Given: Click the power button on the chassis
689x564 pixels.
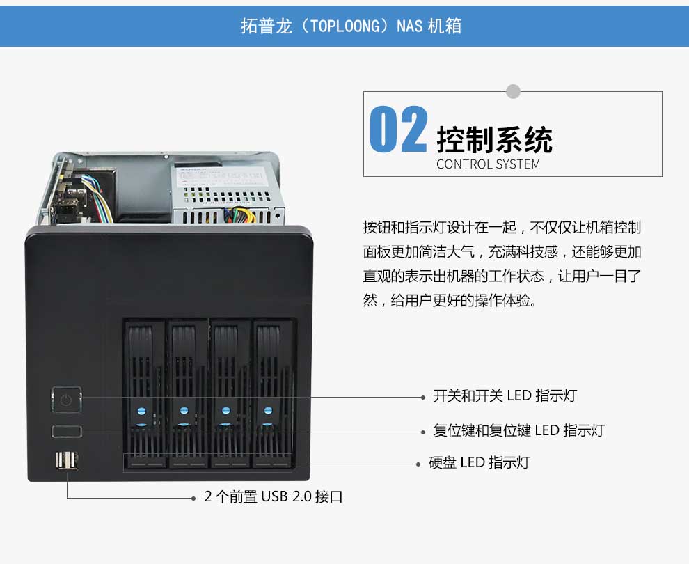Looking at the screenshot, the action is click(x=66, y=400).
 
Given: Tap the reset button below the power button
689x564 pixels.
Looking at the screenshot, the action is click(x=67, y=431).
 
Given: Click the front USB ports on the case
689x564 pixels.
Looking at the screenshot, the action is click(x=67, y=461).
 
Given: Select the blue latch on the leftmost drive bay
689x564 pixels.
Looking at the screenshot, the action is click(x=141, y=412).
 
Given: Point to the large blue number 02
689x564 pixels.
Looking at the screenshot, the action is click(x=398, y=130).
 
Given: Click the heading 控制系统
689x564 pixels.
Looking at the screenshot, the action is click(x=494, y=140).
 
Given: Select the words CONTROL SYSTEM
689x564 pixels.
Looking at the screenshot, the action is click(x=488, y=164).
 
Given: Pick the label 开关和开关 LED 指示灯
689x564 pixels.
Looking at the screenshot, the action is click(x=505, y=395).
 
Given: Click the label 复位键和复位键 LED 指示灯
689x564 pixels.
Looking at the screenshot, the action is click(x=519, y=430).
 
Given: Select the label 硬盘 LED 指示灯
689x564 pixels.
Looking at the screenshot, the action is click(x=480, y=462).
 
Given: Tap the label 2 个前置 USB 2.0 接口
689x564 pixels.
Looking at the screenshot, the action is click(x=274, y=496).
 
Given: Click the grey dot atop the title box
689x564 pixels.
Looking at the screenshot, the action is click(x=513, y=91).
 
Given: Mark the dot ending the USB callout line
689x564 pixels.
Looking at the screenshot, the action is click(x=193, y=499).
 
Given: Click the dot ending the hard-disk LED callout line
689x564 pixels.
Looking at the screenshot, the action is click(x=418, y=464).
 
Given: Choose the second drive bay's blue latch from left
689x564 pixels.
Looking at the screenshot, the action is click(x=184, y=412).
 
